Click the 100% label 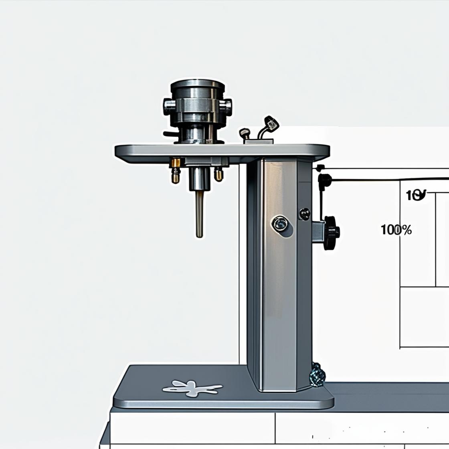click(396, 230)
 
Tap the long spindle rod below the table click(199, 214)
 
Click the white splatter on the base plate click(192, 388)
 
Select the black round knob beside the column click(331, 233)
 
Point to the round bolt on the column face click(279, 224)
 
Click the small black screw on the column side click(304, 214)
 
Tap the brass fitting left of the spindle click(176, 170)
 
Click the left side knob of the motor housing click(168, 106)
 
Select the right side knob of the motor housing click(227, 107)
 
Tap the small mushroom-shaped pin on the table click(244, 133)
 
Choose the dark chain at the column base click(317, 374)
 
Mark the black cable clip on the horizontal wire click(324, 180)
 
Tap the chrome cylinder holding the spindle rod click(200, 178)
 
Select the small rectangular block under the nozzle click(259, 141)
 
